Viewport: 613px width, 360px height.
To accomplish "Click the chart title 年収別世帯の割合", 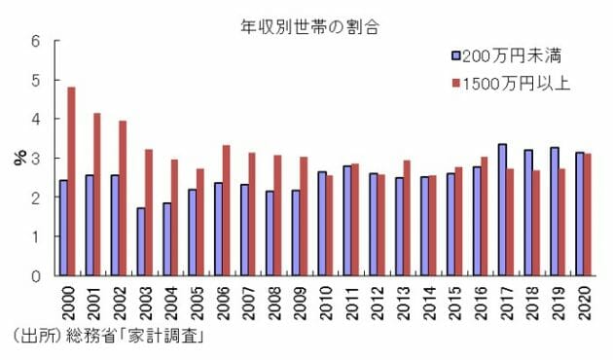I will coord(306,26).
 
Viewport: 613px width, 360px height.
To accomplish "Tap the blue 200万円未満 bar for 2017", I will coord(501,209).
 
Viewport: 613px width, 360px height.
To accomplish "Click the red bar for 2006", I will coord(226,210).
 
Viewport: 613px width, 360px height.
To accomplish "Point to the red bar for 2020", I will coord(589,214).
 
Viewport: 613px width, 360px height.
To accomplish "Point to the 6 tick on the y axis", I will coord(36,41).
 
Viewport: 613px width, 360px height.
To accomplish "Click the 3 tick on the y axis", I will coord(36,159).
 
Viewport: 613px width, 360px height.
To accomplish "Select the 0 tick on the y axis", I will coord(36,275).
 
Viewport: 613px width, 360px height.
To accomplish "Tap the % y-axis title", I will coord(18,159).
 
